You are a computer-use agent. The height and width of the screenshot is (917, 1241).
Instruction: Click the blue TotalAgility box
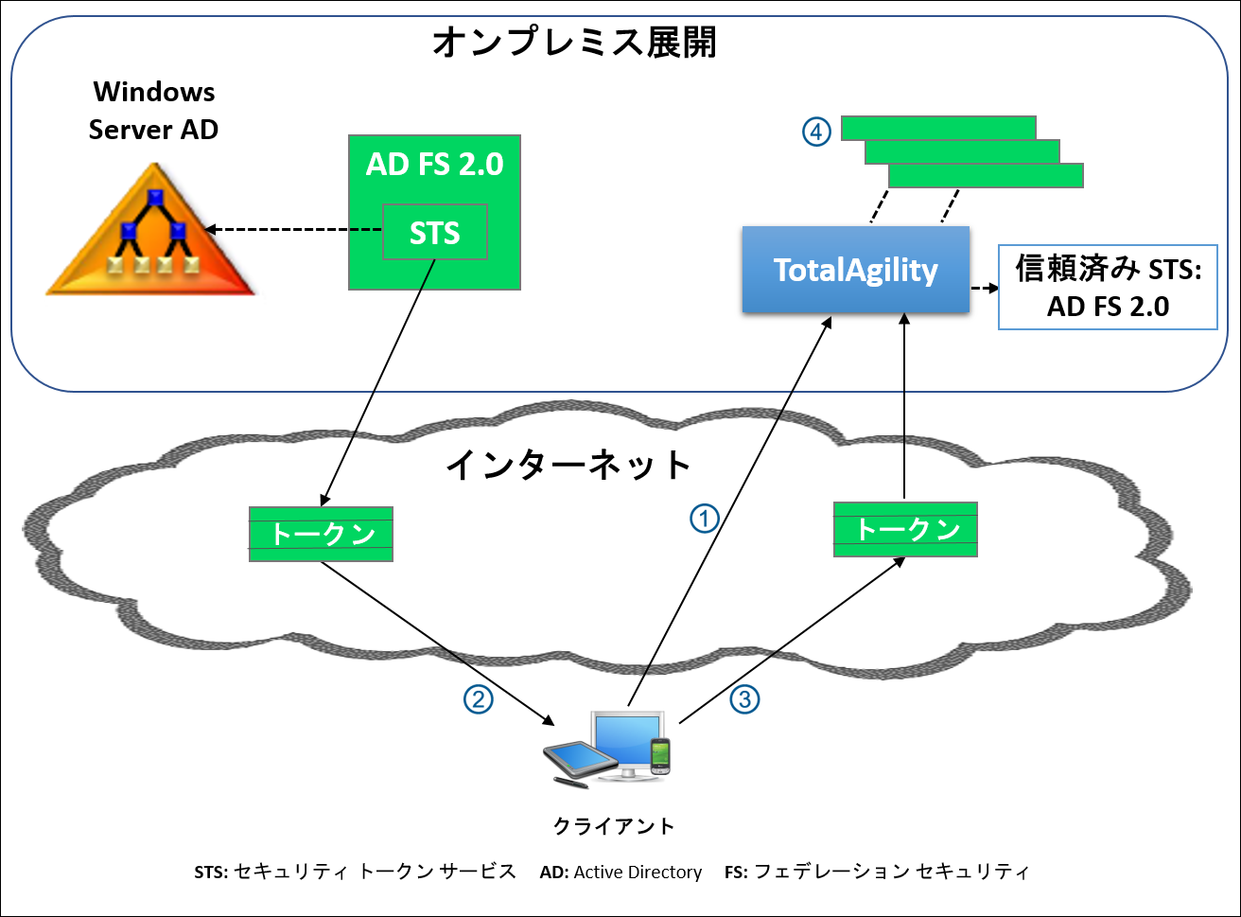coord(855,270)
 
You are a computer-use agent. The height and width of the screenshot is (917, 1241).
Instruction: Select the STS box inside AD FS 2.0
coord(435,232)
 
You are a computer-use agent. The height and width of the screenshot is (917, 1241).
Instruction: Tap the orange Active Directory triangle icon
coord(151,232)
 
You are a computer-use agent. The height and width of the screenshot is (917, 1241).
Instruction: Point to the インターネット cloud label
coord(569,465)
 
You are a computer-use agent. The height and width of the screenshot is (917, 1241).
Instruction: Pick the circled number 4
coord(816,131)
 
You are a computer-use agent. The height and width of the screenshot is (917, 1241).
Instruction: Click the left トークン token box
coord(321,535)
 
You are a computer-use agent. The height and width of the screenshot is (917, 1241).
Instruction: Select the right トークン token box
coord(905,529)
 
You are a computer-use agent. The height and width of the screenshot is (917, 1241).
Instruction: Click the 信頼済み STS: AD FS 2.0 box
coord(1108,288)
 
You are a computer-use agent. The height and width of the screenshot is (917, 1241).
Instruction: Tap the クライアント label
coord(614,826)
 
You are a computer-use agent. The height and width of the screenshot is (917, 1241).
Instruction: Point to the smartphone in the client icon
coord(660,756)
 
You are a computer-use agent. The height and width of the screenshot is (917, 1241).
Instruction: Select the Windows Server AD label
coord(153,111)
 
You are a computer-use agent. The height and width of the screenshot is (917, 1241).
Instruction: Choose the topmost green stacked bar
coord(937,128)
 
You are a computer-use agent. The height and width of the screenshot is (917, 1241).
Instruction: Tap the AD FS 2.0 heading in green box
coord(434,165)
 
